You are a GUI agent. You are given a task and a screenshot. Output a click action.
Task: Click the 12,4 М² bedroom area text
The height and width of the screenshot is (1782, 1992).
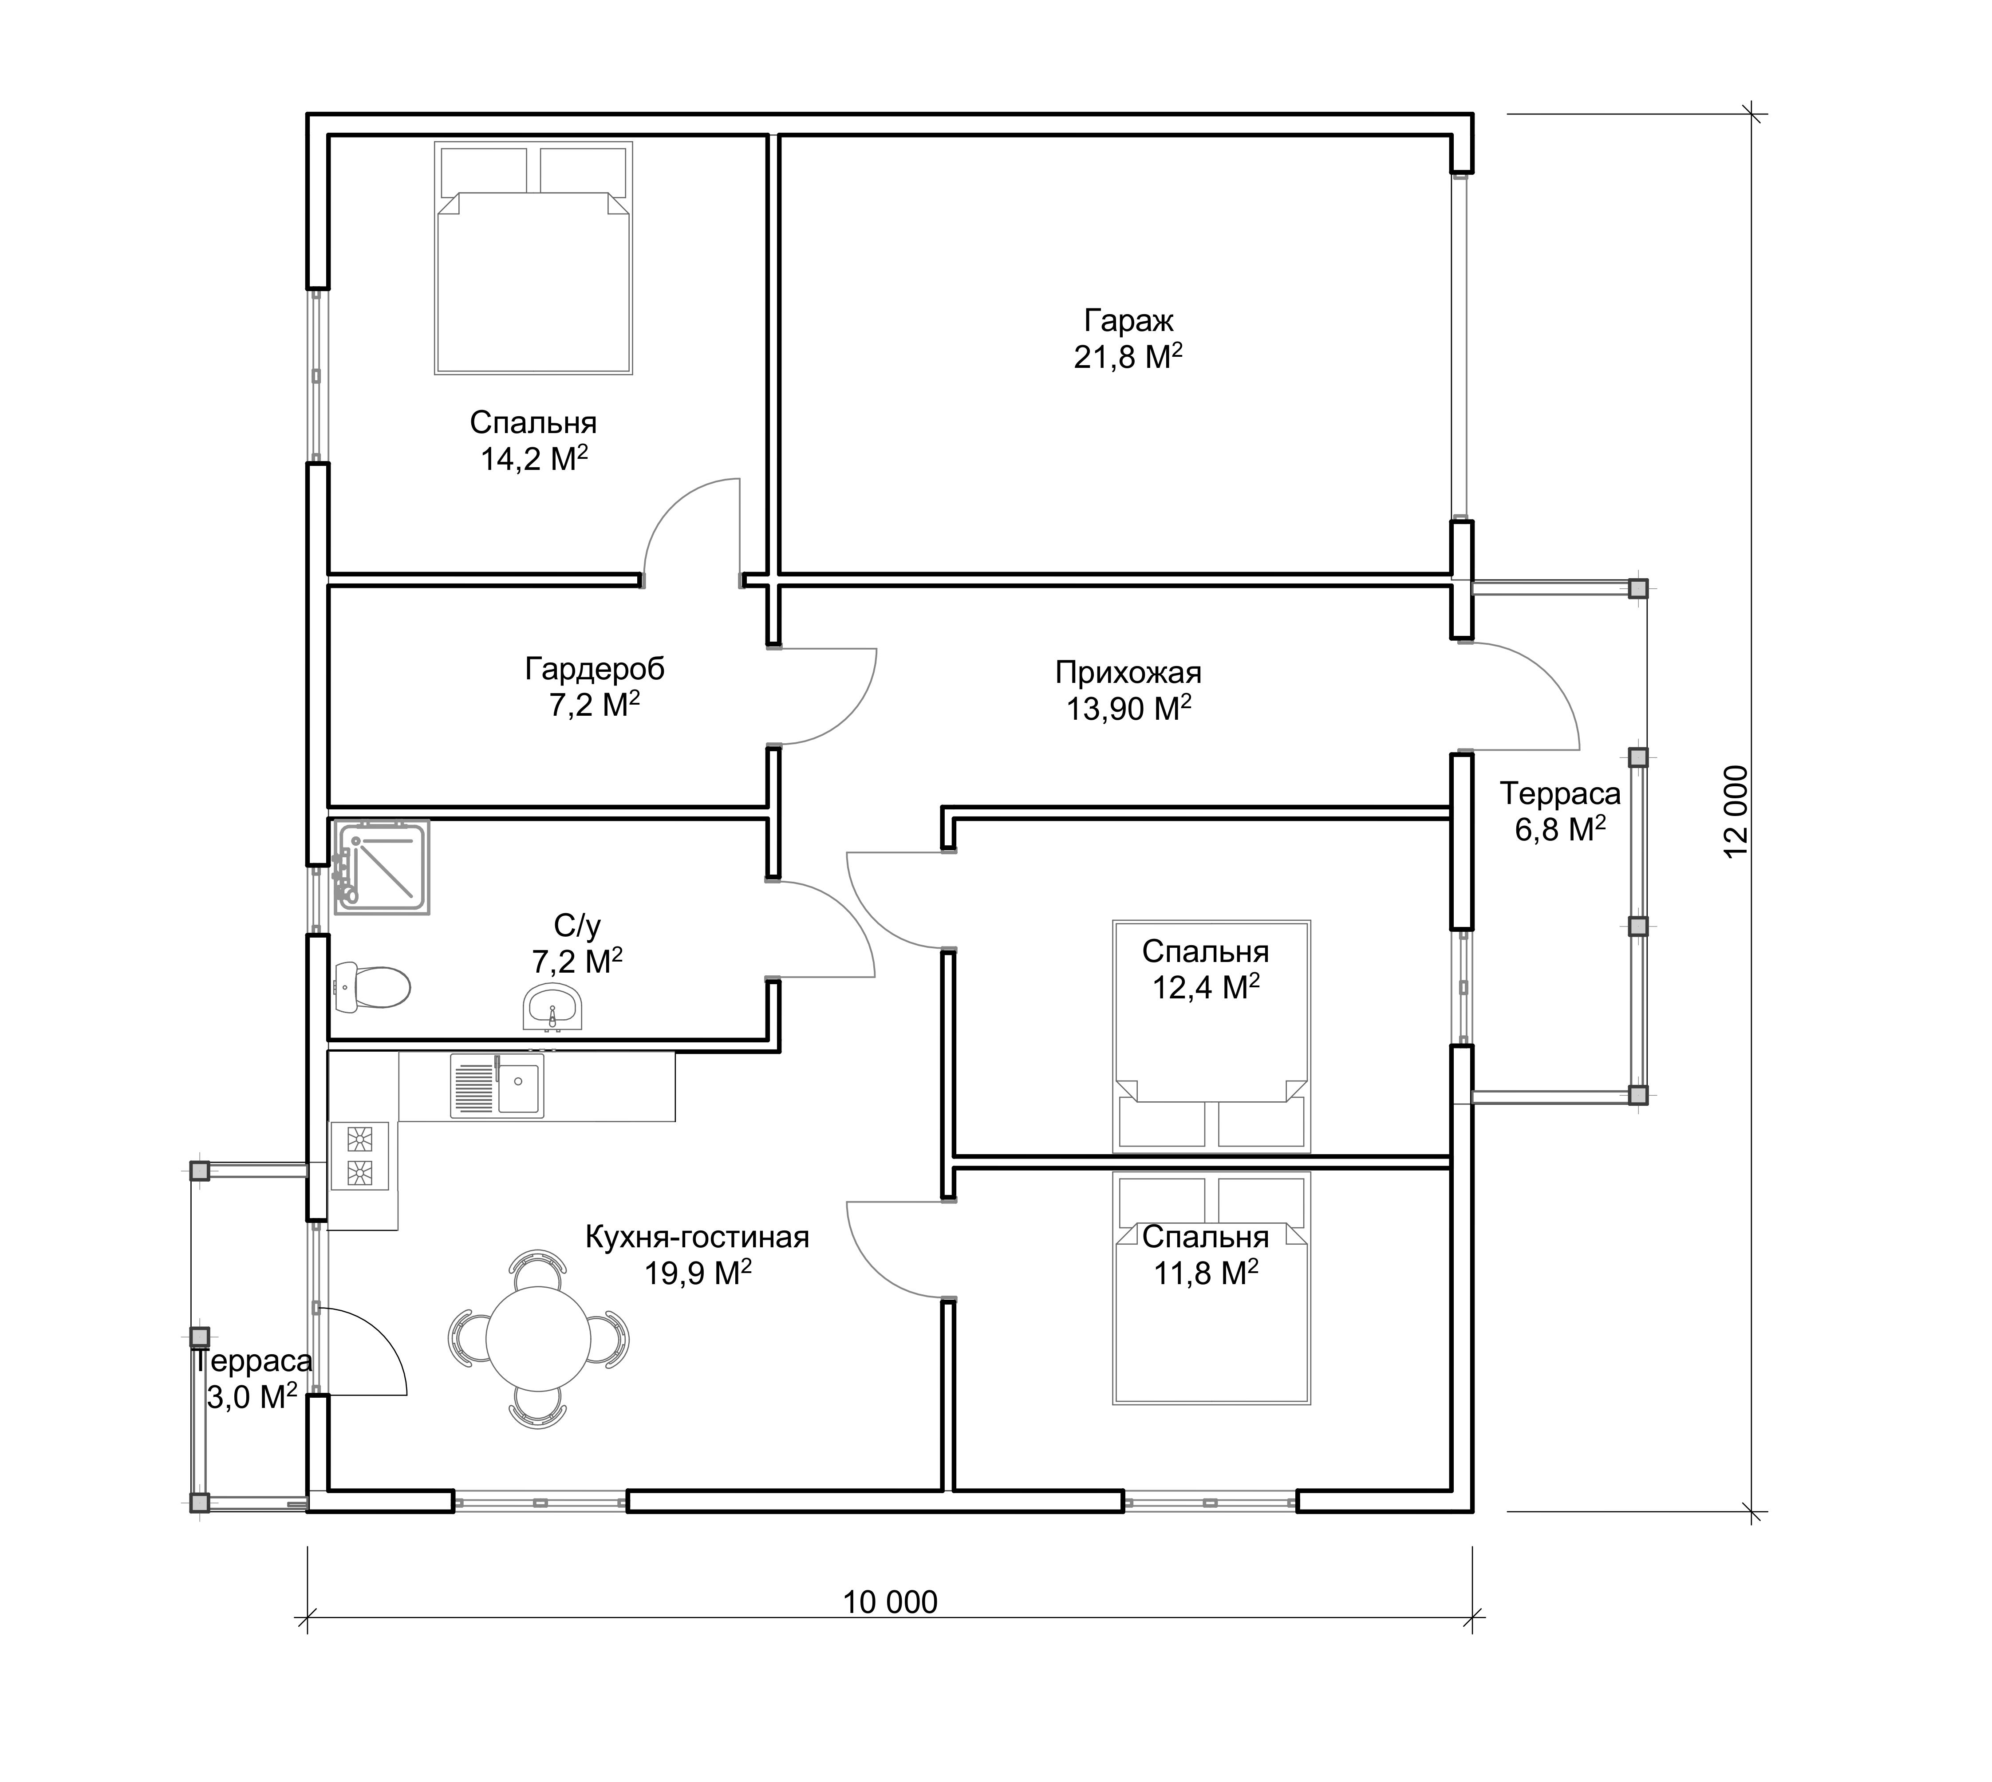pyautogui.click(x=1206, y=987)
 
